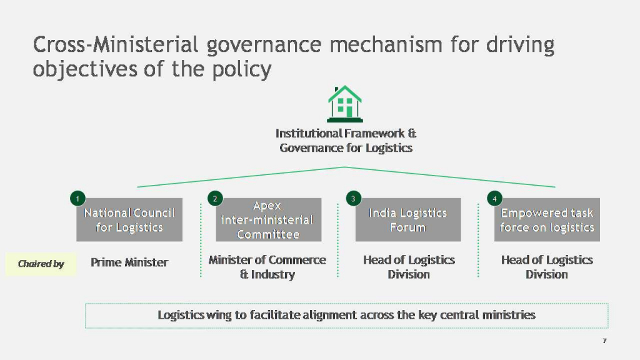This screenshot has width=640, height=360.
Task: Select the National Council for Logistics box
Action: (129, 220)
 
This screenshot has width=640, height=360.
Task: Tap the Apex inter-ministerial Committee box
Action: (267, 220)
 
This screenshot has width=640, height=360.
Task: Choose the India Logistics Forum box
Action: (408, 220)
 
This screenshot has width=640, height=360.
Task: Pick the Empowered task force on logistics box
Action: (547, 220)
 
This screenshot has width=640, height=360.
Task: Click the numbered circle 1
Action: (77, 199)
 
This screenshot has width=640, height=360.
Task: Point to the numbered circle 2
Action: (215, 199)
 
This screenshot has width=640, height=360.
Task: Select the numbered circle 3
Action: (353, 199)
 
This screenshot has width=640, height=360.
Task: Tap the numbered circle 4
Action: (494, 199)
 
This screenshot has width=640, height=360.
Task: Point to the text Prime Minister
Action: (129, 262)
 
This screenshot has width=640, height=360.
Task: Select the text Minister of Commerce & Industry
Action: (267, 267)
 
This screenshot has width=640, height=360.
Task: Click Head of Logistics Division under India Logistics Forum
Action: (409, 267)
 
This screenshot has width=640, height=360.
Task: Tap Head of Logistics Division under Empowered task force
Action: (547, 267)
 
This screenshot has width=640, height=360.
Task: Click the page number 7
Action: (604, 341)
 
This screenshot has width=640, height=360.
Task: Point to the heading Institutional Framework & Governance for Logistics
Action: (346, 141)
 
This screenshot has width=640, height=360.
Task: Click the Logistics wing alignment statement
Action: (346, 315)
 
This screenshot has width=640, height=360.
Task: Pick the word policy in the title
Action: (242, 69)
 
